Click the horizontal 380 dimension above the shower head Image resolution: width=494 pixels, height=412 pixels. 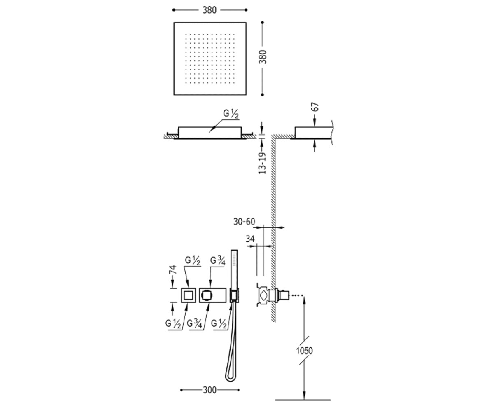pos(210,10)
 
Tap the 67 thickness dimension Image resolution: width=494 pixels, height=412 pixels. pos(316,107)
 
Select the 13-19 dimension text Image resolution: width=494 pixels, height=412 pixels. pos(262,163)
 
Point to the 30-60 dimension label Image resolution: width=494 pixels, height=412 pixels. pos(245,222)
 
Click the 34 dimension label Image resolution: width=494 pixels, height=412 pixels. pos(250,239)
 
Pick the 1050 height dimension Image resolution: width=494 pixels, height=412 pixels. pos(304,351)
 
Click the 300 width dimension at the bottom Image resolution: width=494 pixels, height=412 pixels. pos(210,390)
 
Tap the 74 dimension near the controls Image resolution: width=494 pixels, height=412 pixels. pos(174,269)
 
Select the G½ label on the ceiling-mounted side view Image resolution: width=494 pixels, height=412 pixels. pos(231,114)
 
